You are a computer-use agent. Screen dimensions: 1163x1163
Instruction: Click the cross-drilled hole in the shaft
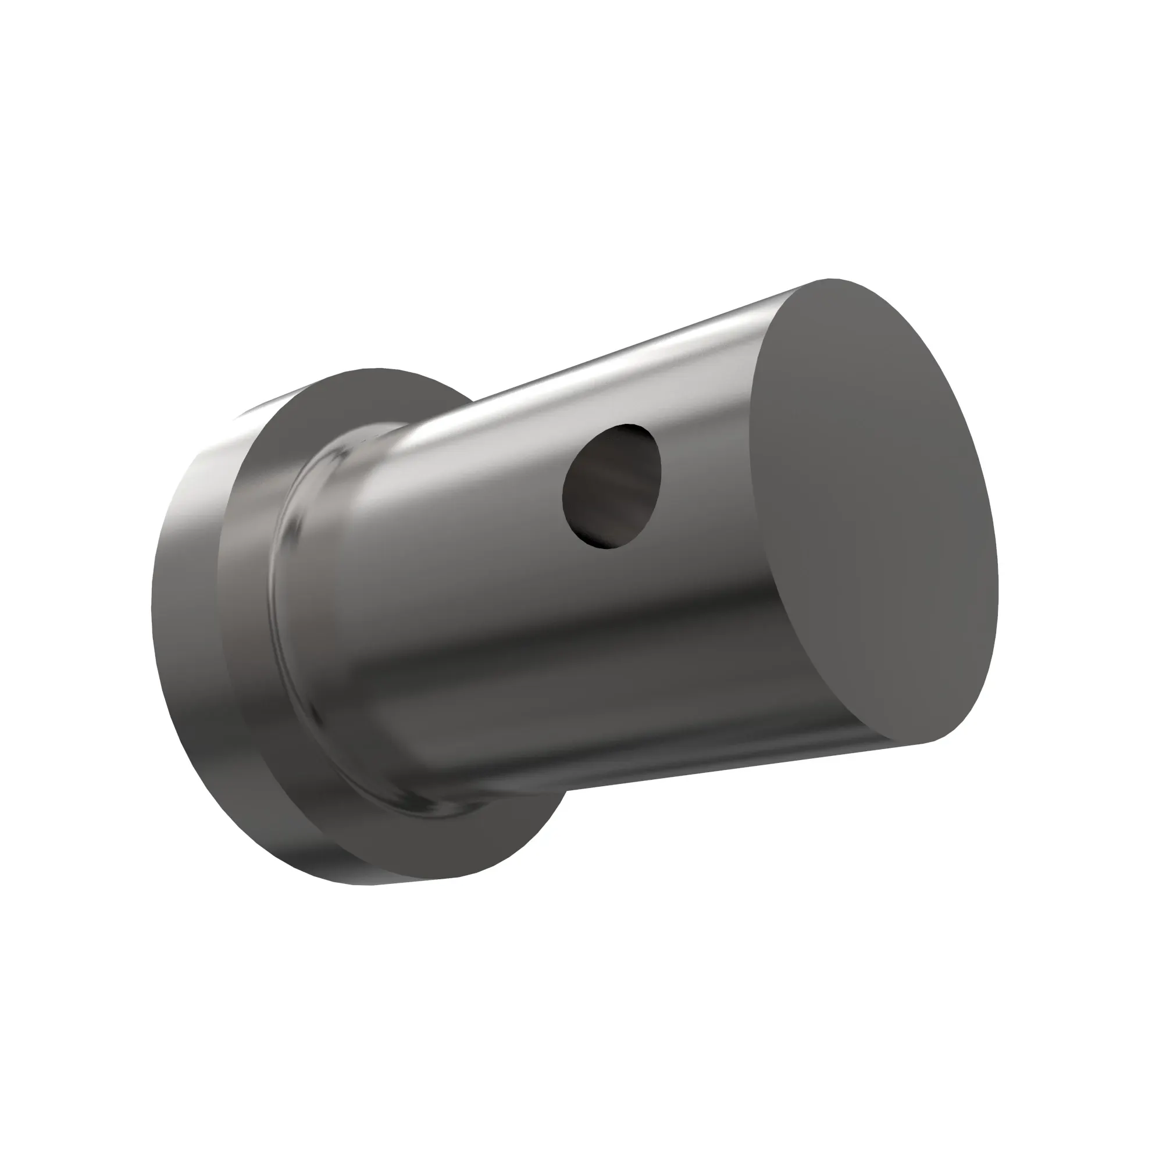[611, 486]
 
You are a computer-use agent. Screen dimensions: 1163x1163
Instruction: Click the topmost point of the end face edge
[831, 279]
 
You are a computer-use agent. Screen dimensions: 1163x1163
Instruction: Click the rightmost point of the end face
[998, 578]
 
